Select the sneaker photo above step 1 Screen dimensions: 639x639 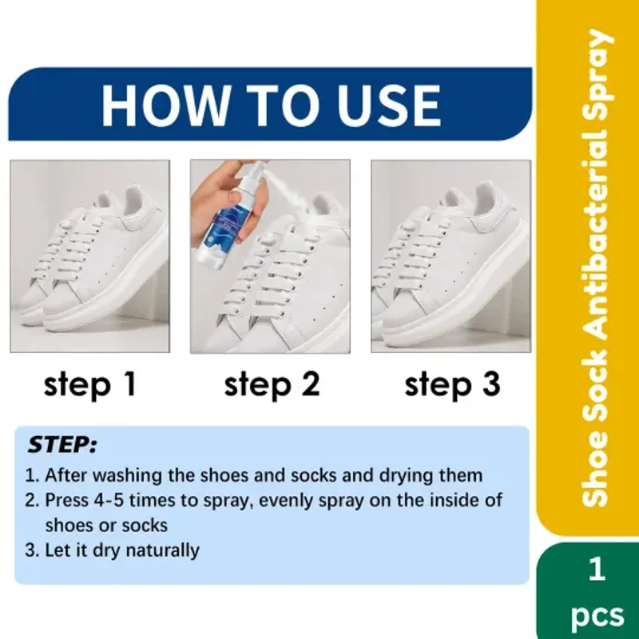point(89,256)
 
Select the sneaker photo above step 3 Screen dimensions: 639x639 point(451,256)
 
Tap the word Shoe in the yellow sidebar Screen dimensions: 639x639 point(595,478)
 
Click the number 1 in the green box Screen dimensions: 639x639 point(596,570)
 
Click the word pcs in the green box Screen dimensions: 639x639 point(596,616)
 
